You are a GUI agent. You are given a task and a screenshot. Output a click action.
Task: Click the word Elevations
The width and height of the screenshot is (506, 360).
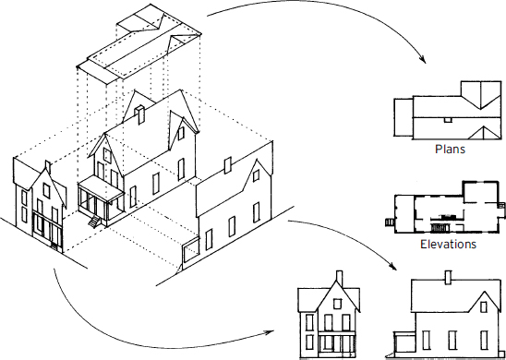point(448,245)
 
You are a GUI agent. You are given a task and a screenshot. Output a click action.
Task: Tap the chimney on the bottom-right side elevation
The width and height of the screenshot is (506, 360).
point(449,276)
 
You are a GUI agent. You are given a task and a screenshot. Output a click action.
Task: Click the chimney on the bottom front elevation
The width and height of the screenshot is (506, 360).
point(339,277)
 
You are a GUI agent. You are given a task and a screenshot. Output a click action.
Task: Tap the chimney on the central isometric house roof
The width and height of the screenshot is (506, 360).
point(138,114)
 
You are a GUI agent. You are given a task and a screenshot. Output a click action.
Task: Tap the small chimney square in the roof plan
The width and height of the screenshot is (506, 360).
point(446,118)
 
